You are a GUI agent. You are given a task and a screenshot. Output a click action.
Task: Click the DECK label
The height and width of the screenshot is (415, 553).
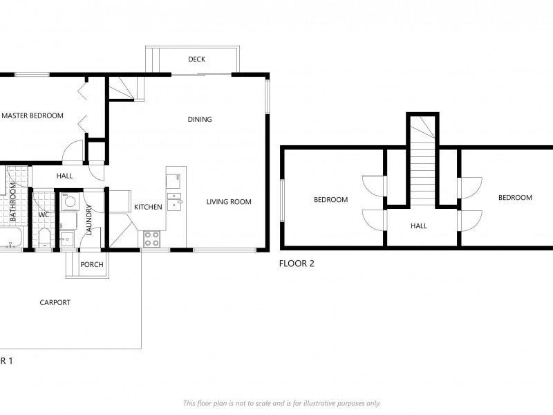pyautogui.click(x=196, y=59)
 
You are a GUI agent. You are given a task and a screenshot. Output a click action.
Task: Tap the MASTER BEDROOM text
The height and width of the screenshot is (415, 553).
pyautogui.click(x=32, y=116)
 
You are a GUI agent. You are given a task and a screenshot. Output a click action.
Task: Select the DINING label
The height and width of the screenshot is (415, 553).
pyautogui.click(x=200, y=120)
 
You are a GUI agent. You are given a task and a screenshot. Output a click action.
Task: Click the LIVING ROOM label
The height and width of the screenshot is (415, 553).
pyautogui.click(x=229, y=202)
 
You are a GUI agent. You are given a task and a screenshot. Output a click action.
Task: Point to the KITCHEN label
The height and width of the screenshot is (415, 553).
pyautogui.click(x=148, y=207)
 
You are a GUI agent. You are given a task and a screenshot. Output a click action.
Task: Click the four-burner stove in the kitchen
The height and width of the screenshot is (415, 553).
pyautogui.click(x=151, y=239)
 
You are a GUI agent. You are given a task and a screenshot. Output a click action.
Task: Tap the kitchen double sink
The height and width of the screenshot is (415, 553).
pyautogui.click(x=174, y=200)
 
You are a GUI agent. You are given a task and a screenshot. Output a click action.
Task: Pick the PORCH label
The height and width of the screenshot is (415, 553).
pyautogui.click(x=92, y=265)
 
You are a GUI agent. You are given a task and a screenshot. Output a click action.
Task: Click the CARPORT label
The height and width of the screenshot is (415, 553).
pyautogui.click(x=55, y=302)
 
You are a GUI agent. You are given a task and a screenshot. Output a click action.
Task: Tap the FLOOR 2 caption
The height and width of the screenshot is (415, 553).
pyautogui.click(x=297, y=263)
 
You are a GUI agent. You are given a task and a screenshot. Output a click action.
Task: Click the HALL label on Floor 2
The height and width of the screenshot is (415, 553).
pyautogui.click(x=419, y=225)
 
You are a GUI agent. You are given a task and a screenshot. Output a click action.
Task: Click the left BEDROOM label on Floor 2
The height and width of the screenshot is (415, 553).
pyautogui.click(x=330, y=200)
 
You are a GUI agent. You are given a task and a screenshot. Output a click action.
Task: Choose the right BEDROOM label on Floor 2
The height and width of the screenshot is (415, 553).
pyautogui.click(x=515, y=197)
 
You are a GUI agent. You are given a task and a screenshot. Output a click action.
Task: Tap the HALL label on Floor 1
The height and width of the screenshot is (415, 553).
pyautogui.click(x=65, y=176)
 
